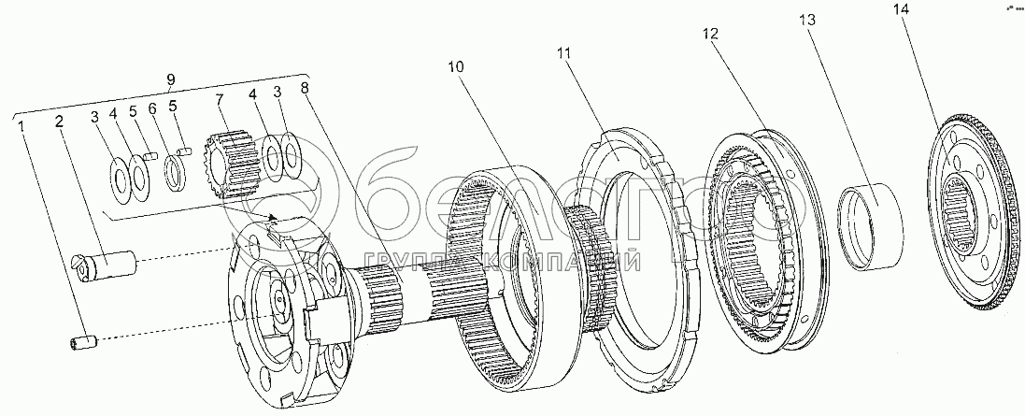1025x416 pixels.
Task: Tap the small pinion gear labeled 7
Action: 231,164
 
